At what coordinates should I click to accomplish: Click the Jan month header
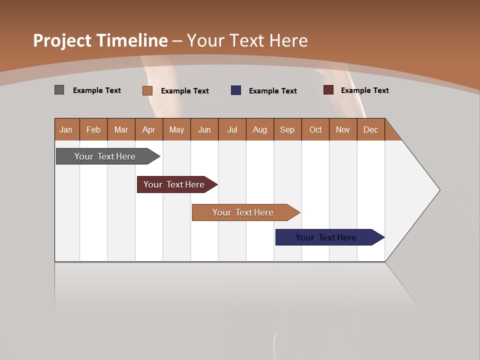tap(66, 129)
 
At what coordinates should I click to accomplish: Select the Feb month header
tap(93, 129)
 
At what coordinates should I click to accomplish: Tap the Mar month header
tap(121, 129)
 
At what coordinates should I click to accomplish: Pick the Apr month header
tap(149, 129)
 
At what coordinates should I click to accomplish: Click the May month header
tap(176, 129)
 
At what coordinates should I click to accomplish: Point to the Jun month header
tap(204, 129)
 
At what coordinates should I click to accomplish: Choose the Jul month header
tap(232, 129)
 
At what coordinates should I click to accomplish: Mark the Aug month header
tap(260, 129)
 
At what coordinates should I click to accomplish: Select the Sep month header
tap(287, 129)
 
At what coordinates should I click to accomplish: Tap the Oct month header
tap(315, 129)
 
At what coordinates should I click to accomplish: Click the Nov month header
tap(343, 129)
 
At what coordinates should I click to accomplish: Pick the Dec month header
tap(371, 129)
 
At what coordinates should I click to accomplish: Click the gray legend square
tap(59, 90)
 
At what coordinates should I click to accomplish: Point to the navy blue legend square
tap(236, 90)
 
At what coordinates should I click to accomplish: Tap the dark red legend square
tap(328, 90)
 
